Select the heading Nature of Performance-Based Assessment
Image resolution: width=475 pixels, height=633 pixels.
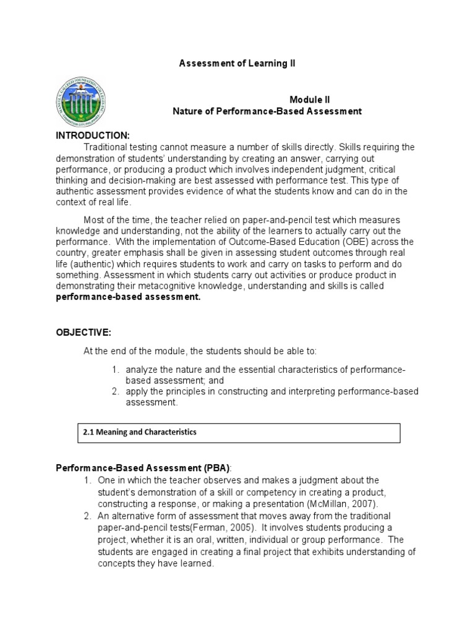tap(266, 111)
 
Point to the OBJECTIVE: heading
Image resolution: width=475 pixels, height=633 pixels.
tap(83, 333)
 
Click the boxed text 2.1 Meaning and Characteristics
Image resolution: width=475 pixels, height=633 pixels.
tap(139, 433)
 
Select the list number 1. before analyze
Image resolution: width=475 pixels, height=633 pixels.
tap(116, 370)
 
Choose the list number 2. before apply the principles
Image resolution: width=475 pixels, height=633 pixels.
tap(116, 392)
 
